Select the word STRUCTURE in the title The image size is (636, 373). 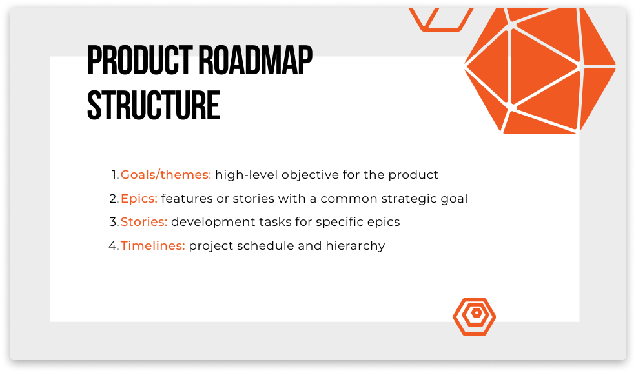pos(154,105)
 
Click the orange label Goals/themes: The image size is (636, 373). pos(166,175)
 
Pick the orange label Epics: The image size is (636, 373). pos(139,199)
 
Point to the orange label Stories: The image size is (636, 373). pos(144,222)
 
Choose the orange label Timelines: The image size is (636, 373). pos(153,246)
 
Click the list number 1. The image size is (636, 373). pos(114,175)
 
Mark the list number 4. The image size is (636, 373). pos(113,246)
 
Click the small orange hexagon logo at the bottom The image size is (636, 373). pos(475,316)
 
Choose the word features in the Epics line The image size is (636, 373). pos(187,199)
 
